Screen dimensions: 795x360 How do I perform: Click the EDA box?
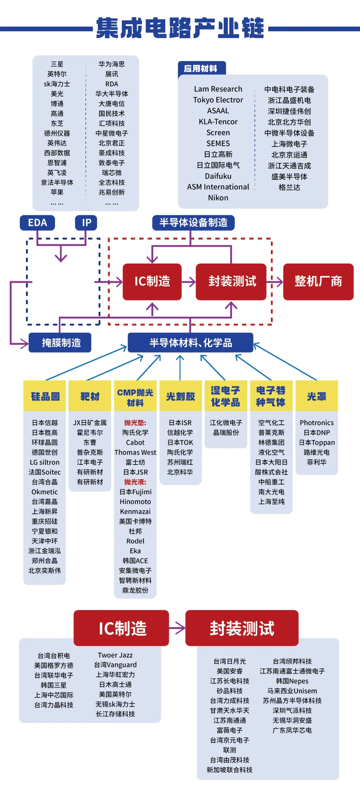[37, 223]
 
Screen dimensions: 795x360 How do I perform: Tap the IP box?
[86, 223]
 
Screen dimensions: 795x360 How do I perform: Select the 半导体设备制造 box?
[193, 223]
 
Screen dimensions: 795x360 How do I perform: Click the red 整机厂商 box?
[318, 282]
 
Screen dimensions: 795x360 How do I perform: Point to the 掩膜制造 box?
[60, 343]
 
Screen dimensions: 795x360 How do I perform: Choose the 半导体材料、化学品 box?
[191, 343]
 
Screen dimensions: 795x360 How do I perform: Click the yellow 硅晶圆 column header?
[45, 396]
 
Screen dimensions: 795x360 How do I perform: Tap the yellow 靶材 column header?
[90, 396]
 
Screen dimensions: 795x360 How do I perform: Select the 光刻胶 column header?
[180, 396]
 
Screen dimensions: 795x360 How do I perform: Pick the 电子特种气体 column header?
[271, 396]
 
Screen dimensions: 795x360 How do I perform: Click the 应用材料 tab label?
[201, 69]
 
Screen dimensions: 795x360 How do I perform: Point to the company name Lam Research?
[218, 89]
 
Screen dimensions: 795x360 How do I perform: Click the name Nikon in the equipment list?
[218, 198]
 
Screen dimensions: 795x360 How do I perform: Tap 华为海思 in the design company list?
[112, 64]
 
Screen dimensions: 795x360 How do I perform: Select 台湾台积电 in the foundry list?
[54, 656]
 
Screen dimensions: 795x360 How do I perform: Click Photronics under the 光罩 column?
[316, 422]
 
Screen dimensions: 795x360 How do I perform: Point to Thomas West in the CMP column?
[135, 452]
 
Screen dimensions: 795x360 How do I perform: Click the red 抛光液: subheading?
[135, 482]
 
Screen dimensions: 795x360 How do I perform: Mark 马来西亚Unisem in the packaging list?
[292, 691]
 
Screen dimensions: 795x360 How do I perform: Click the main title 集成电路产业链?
[180, 28]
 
